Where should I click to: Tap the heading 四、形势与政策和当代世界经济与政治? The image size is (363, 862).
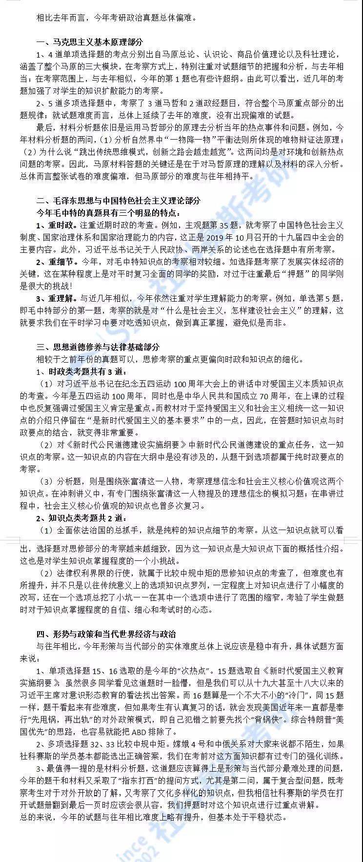pos(106,634)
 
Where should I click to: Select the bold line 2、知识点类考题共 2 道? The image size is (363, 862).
pos(81,518)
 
